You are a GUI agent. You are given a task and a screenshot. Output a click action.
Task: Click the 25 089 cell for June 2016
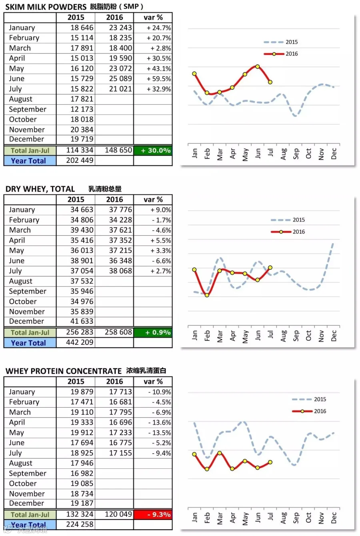120,79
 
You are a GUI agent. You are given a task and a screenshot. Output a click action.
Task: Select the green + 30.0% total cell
153,150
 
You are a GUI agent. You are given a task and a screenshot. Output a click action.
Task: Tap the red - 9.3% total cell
153,514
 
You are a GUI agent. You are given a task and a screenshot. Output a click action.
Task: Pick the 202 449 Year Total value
82,160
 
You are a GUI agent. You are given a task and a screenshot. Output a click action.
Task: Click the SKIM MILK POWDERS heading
46,7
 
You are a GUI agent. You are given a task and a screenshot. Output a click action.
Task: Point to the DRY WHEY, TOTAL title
40,189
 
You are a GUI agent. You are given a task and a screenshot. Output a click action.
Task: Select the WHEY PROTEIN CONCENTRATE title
63,371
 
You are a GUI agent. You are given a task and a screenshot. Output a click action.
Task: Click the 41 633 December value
82,321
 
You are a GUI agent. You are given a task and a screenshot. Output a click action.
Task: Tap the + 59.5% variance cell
158,79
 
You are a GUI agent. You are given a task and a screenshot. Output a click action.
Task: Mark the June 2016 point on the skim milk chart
258,66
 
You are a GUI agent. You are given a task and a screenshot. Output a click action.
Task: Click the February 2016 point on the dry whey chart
207,295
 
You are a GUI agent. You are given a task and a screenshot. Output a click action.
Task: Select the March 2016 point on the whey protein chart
220,453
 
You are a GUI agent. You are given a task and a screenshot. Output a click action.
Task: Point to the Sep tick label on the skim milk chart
296,154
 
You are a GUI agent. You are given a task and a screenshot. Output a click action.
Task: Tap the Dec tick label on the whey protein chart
334,518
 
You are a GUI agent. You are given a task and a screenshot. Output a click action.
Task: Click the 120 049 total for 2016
118,514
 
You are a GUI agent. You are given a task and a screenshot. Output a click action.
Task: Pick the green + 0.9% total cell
153,332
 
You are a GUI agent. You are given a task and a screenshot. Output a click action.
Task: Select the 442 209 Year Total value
82,342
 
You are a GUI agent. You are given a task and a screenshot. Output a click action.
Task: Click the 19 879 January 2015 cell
82,392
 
